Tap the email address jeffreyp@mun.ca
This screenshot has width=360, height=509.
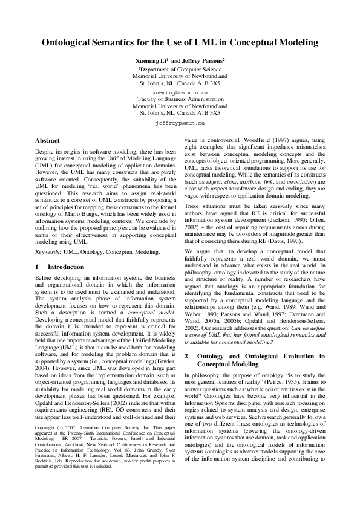180,122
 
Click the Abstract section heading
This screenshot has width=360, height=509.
47,140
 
